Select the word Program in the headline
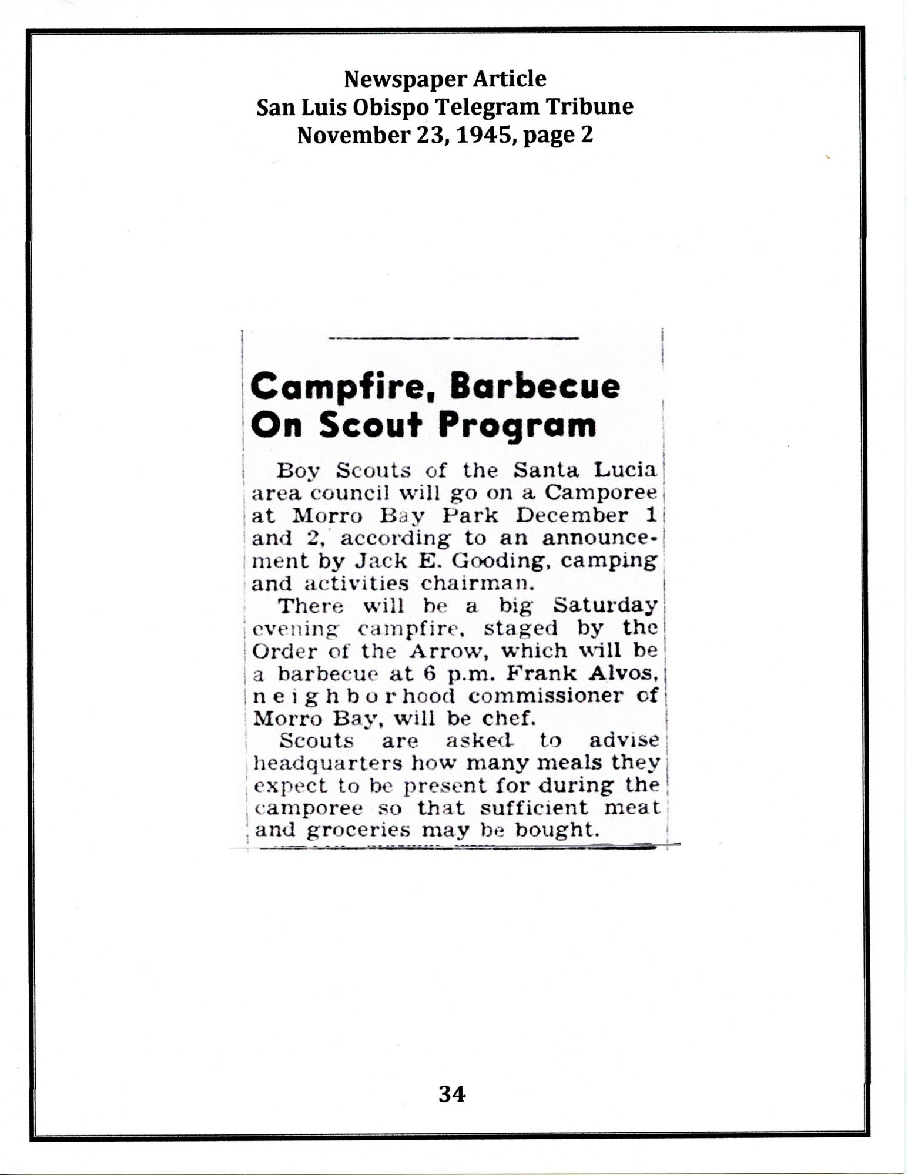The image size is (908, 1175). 517,425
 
